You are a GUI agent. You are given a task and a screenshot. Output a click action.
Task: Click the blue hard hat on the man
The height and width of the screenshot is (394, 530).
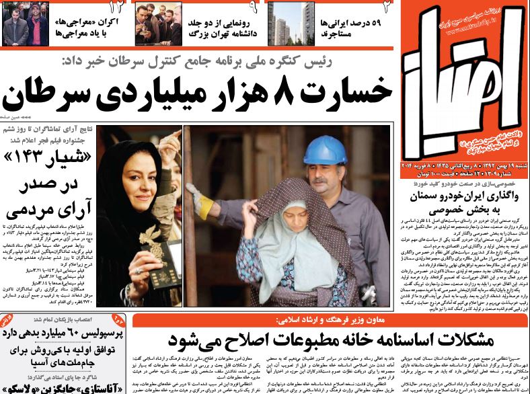[x=326, y=150]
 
